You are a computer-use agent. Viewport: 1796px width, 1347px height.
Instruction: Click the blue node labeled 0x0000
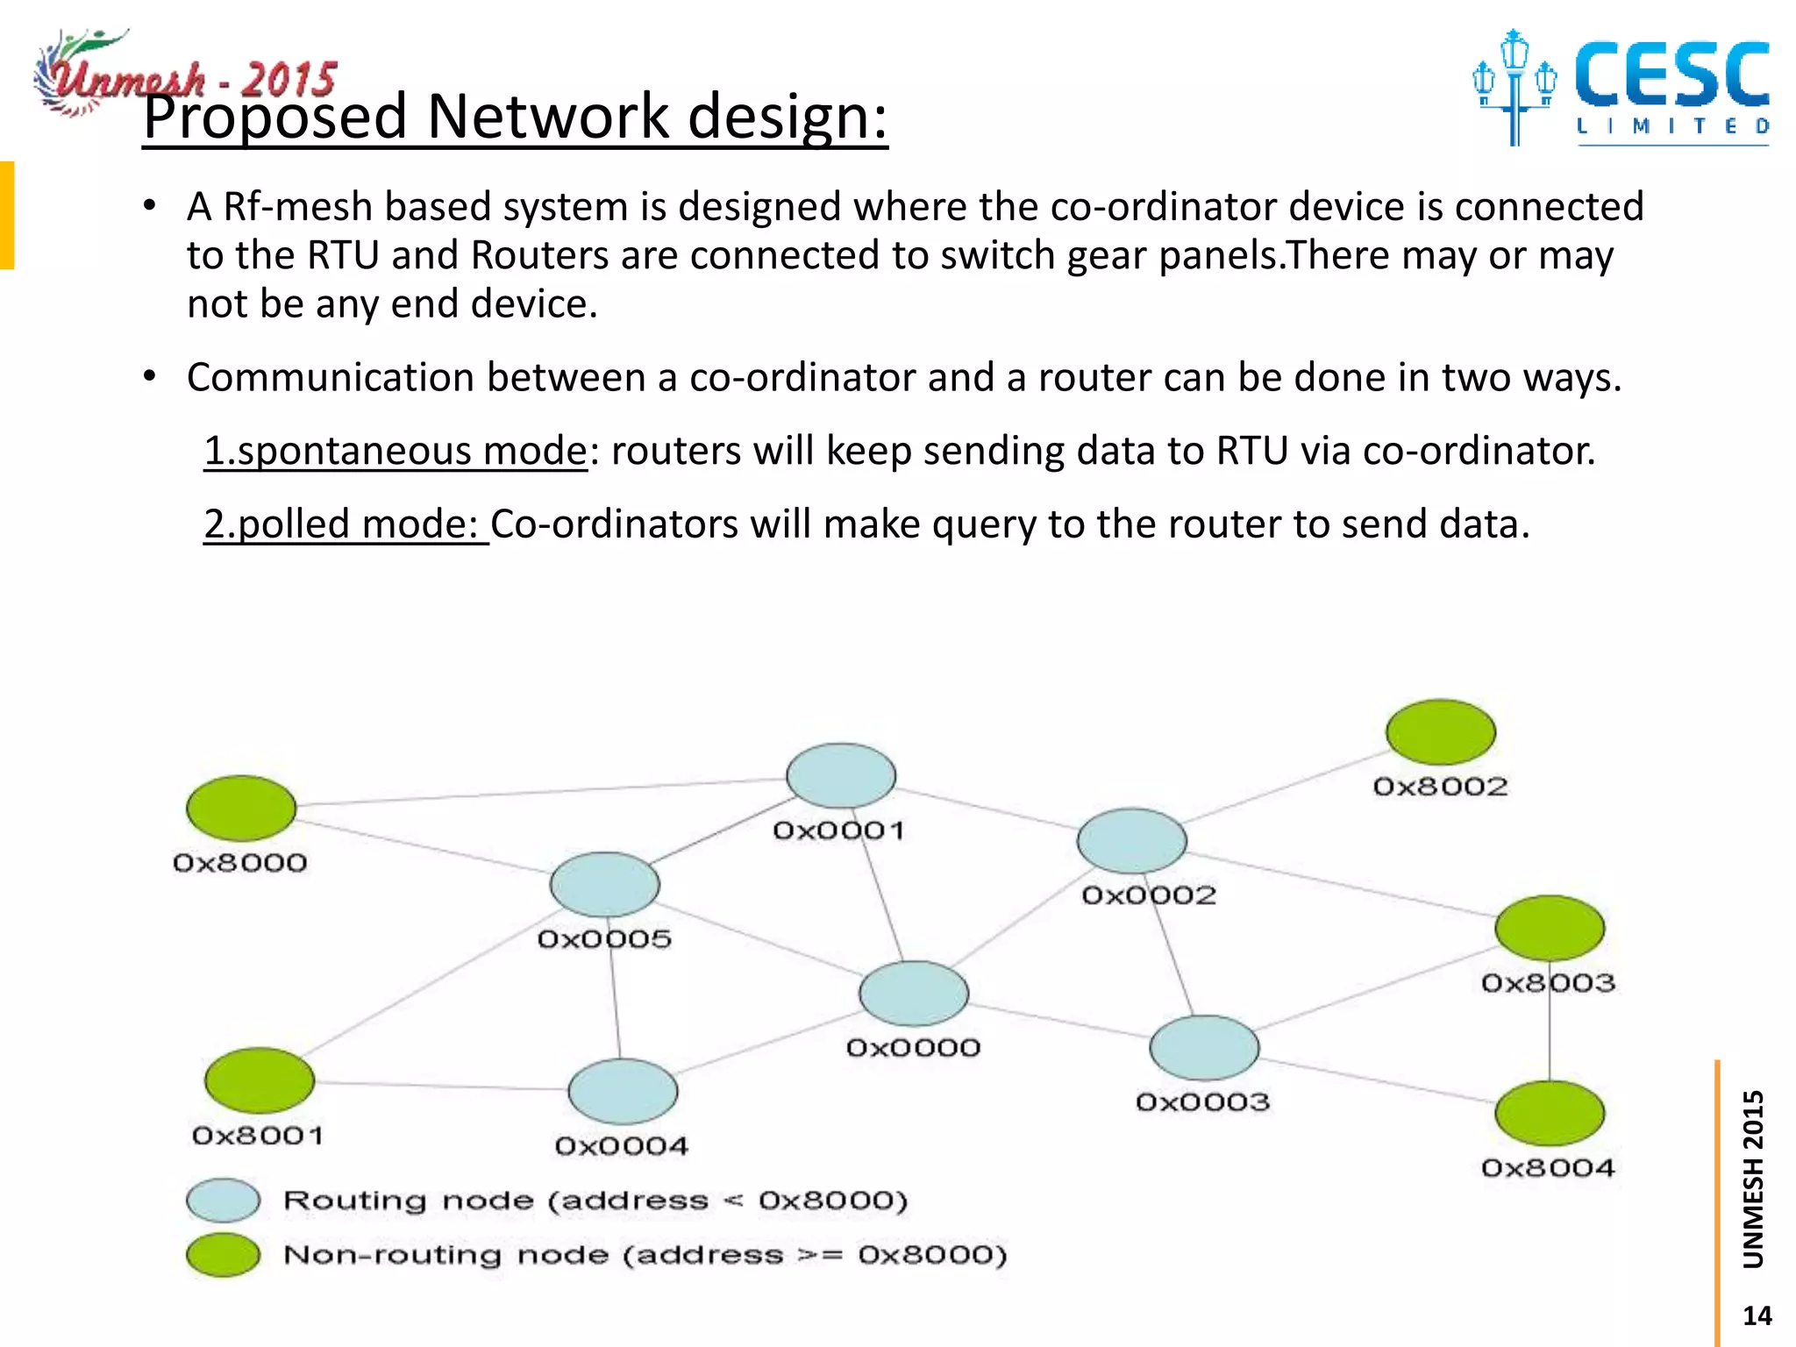(x=914, y=993)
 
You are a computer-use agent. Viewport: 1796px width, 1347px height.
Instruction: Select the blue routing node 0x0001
(x=841, y=775)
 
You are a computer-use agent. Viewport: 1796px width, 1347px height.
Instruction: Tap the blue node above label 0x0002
(x=1131, y=840)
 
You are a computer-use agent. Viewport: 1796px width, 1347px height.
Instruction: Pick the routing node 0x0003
(x=1204, y=1047)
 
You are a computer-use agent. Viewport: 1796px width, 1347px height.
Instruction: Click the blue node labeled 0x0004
(x=623, y=1091)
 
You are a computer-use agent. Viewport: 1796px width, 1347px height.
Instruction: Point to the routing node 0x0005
(x=604, y=884)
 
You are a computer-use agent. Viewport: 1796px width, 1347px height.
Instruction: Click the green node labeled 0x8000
(x=241, y=808)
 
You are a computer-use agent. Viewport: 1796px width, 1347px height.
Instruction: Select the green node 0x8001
(x=260, y=1080)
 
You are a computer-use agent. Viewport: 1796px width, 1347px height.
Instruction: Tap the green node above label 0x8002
(x=1441, y=731)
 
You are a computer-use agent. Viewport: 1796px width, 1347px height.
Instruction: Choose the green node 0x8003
(x=1550, y=928)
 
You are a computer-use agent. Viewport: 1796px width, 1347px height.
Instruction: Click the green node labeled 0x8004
(x=1550, y=1113)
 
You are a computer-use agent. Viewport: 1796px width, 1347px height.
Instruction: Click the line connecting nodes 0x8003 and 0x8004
(x=1550, y=1035)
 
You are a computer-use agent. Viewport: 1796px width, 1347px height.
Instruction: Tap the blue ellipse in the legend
(x=224, y=1201)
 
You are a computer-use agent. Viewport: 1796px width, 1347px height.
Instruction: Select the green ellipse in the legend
(x=224, y=1255)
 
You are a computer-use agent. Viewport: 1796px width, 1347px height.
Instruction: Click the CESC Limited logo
(x=1622, y=88)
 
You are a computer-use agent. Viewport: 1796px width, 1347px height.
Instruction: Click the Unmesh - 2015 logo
(x=184, y=75)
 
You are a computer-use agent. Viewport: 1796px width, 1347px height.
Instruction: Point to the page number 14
(x=1757, y=1315)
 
